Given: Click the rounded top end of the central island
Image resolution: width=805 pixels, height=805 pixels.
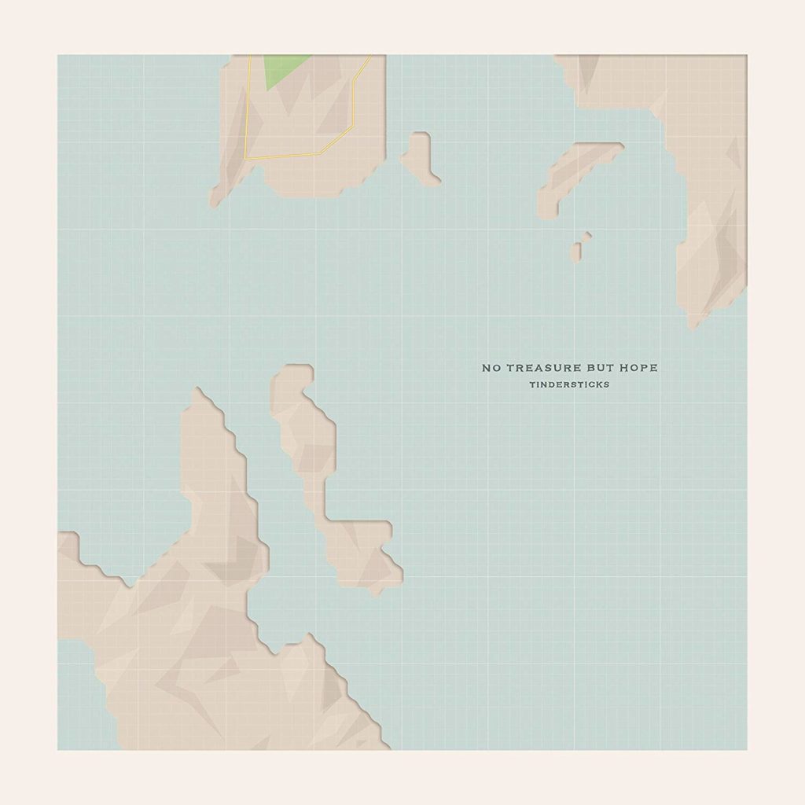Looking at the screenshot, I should [x=296, y=373].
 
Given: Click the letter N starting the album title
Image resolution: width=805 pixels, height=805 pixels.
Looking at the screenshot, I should [x=487, y=368].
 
